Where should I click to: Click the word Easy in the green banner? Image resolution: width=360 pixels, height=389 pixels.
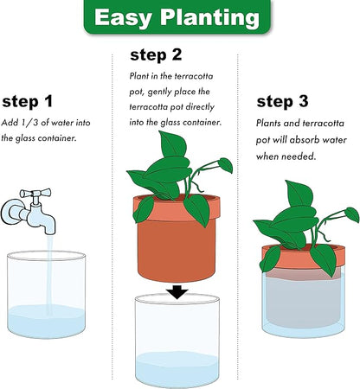123,17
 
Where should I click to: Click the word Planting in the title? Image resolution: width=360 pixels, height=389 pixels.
210,17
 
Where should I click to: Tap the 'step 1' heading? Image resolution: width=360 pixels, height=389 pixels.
28,101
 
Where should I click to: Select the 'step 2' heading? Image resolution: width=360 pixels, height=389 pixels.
156,54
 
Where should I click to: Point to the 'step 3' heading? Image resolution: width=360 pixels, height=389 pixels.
282,101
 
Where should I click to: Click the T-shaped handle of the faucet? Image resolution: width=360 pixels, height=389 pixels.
35,194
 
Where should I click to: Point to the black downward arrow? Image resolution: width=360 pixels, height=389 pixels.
178,292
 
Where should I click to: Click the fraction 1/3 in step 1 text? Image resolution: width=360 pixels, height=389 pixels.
29,123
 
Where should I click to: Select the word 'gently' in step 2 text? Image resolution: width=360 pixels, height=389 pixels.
160,92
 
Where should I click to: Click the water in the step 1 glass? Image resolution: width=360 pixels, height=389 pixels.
46,322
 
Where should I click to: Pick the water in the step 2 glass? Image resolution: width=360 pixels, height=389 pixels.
177,369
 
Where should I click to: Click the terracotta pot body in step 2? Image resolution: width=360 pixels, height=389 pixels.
177,249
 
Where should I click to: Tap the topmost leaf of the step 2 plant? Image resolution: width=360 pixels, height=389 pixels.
172,143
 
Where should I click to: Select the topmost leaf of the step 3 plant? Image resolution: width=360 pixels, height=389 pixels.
299,193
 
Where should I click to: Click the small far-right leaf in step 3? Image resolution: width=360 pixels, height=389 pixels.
352,214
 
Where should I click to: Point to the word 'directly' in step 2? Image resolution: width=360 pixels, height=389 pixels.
200,107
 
